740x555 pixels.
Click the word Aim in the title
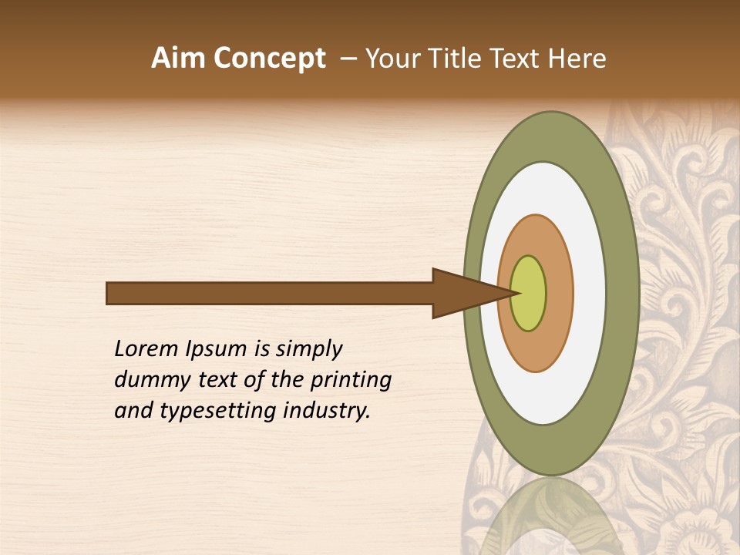click(x=178, y=59)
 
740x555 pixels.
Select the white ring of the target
click(x=589, y=293)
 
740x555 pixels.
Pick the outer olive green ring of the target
click(x=623, y=293)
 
